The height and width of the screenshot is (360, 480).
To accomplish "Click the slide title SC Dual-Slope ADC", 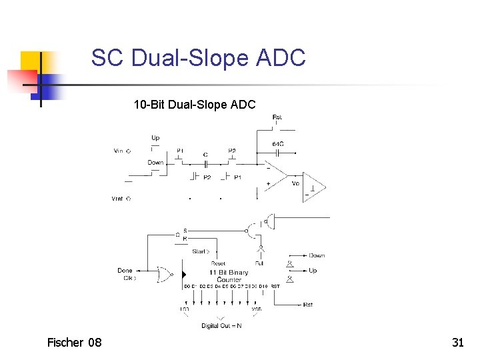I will click(x=198, y=58).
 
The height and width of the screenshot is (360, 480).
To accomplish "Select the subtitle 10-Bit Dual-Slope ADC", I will click(x=194, y=104).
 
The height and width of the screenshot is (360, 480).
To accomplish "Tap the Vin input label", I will click(x=119, y=151).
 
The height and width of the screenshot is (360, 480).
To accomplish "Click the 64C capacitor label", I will click(x=278, y=145).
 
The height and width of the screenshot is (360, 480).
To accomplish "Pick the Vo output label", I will click(x=295, y=183).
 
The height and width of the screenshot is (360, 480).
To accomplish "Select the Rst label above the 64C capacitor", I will click(x=277, y=118).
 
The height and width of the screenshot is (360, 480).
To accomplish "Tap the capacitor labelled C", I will click(x=205, y=163).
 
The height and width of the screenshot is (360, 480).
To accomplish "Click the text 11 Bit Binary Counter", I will click(x=229, y=276).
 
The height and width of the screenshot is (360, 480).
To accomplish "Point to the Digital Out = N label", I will click(x=222, y=326).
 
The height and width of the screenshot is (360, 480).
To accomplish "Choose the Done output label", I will click(x=125, y=270).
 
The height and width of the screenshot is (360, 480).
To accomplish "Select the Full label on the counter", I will click(x=259, y=264).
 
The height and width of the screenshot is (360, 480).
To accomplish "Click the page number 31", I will click(x=457, y=343).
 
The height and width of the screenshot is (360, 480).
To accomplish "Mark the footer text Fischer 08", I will click(x=75, y=343).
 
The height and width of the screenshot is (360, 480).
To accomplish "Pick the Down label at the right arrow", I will click(x=317, y=255).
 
